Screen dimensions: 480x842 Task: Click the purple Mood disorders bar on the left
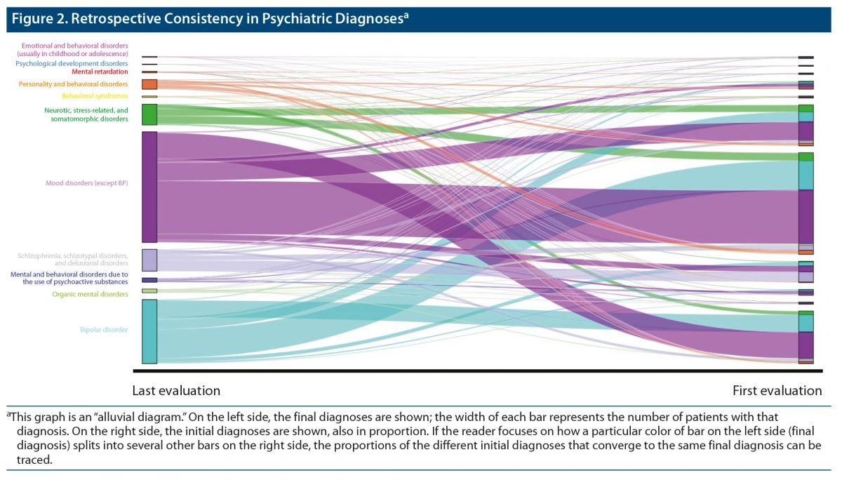pyautogui.click(x=149, y=187)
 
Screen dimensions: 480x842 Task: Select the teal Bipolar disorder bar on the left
pyautogui.click(x=149, y=331)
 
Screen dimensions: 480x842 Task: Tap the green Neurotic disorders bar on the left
pyautogui.click(x=149, y=114)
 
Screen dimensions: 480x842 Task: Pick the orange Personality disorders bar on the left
pyautogui.click(x=149, y=84)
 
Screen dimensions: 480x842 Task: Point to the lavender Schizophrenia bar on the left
pyautogui.click(x=149, y=260)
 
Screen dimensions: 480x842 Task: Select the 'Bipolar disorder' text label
pyautogui.click(x=104, y=330)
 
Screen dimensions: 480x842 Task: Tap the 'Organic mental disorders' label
pyautogui.click(x=90, y=295)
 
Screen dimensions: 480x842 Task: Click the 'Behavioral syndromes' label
pyautogui.click(x=95, y=96)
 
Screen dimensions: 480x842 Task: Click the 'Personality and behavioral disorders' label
pyautogui.click(x=73, y=84)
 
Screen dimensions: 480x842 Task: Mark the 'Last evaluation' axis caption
pyautogui.click(x=176, y=391)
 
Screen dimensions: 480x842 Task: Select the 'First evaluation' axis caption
pyautogui.click(x=777, y=391)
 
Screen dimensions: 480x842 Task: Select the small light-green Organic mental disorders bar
pyautogui.click(x=149, y=291)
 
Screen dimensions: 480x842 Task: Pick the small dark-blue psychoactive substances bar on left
pyautogui.click(x=149, y=280)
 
